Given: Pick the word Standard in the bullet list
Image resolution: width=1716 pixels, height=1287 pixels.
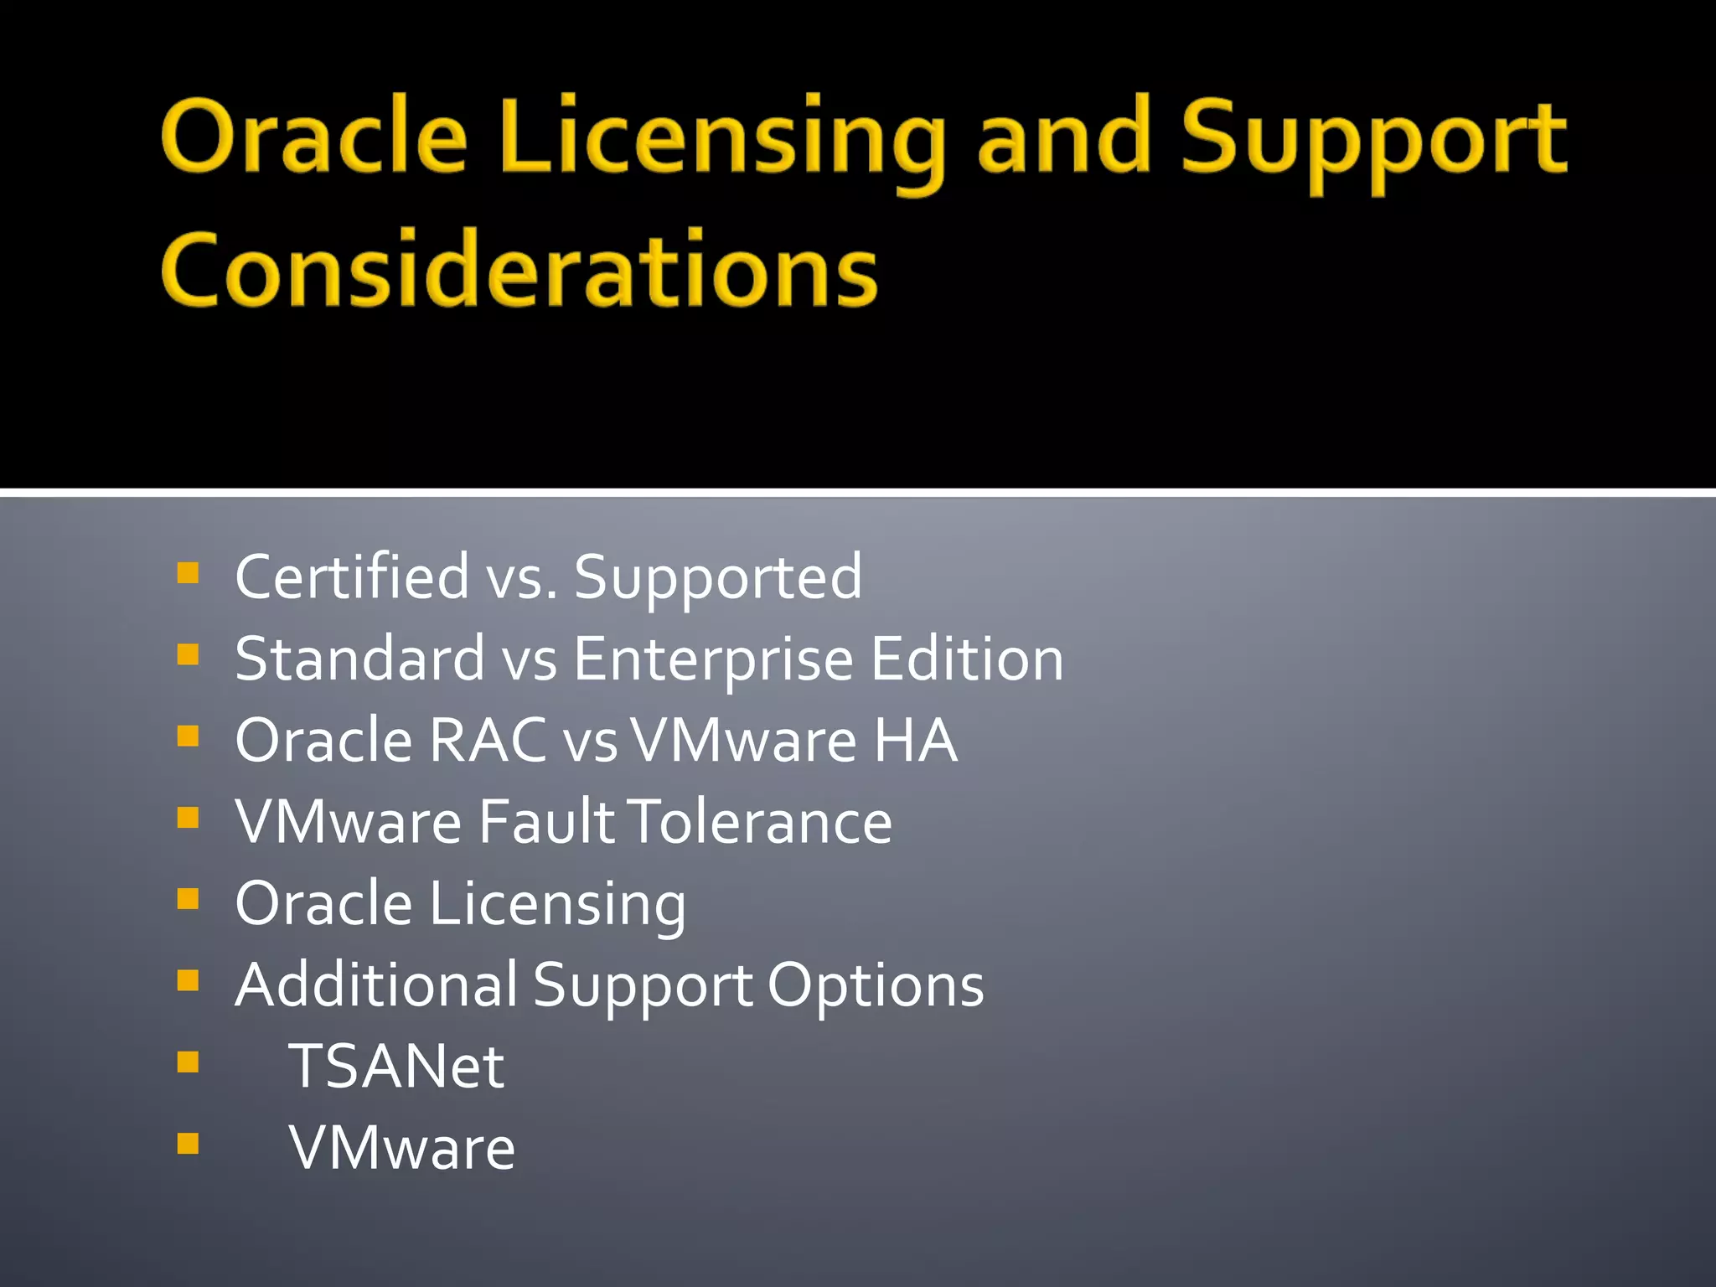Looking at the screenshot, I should [x=360, y=659].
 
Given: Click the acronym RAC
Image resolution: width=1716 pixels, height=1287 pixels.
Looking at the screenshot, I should [x=488, y=740].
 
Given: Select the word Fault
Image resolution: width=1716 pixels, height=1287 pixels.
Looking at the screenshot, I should [x=546, y=821].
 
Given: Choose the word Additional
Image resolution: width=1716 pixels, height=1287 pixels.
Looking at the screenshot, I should [x=376, y=985].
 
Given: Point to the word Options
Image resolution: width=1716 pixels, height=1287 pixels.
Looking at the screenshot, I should [x=876, y=986].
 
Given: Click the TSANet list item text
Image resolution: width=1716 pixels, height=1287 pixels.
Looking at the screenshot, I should [x=396, y=1066].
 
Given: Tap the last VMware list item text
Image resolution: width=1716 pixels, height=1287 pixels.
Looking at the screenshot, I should [x=402, y=1147].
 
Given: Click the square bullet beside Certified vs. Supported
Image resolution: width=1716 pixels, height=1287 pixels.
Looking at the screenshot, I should [x=189, y=573].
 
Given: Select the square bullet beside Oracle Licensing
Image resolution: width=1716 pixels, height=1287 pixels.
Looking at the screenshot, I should [x=189, y=899].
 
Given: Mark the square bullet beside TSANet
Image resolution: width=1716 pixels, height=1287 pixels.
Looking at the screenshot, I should [x=189, y=1062].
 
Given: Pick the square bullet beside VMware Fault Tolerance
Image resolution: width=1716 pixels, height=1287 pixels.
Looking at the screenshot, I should [x=189, y=817].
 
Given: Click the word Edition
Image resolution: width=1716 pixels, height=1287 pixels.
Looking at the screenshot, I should [x=967, y=659].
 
